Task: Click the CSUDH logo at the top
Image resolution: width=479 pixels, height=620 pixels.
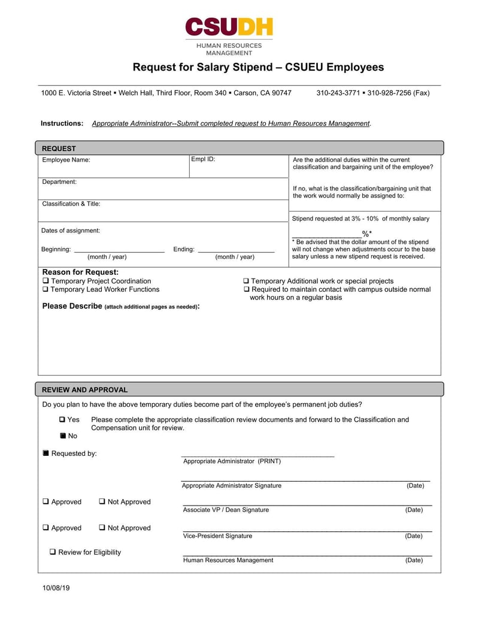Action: point(229,27)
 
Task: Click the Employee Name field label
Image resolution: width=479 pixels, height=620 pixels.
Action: point(66,160)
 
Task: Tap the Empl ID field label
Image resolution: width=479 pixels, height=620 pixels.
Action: point(203,159)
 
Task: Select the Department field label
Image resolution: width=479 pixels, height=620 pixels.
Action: point(59,182)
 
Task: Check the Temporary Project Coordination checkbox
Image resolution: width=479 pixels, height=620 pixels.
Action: point(46,281)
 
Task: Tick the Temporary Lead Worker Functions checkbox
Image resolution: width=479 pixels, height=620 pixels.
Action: point(46,289)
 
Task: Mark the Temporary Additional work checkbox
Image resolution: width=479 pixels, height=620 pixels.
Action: point(246,281)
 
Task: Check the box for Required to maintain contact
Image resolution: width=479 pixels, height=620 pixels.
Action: point(246,289)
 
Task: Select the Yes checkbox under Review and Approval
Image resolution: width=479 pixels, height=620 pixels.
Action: point(63,420)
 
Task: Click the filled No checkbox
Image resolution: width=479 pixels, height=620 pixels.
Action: point(63,436)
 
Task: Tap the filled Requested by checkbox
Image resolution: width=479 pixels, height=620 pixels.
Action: point(46,453)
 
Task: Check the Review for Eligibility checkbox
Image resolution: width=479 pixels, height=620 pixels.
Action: point(53,552)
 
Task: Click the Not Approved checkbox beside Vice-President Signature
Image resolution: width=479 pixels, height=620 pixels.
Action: point(102,528)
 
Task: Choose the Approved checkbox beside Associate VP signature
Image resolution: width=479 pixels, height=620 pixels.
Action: point(46,502)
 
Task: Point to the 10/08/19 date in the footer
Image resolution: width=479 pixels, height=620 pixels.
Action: point(56,588)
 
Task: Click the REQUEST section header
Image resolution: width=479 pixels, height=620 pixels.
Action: point(59,149)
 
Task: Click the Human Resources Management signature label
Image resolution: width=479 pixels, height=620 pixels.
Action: point(228,560)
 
